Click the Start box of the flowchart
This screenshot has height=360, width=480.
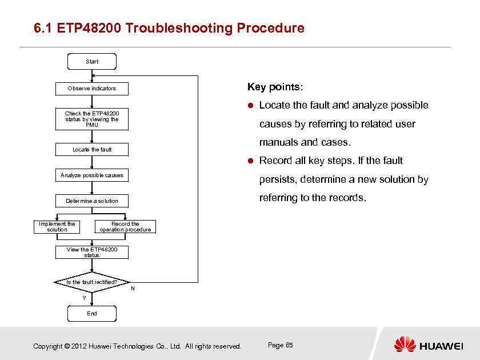[91, 61]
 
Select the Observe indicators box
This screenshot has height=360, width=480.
[91, 89]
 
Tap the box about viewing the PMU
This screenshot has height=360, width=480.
[91, 119]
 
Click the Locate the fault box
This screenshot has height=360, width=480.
[91, 150]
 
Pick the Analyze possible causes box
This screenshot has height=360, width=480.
[91, 175]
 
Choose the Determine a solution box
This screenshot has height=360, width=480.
[91, 201]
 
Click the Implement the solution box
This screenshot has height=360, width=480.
[57, 227]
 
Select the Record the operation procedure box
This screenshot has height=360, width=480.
[125, 227]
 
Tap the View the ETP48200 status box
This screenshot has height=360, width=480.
[91, 252]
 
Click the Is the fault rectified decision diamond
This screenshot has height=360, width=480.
[91, 282]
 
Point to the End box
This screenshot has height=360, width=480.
[91, 313]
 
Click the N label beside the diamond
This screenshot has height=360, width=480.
[133, 289]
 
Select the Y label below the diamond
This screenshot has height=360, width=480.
[84, 298]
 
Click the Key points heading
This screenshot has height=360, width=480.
[275, 87]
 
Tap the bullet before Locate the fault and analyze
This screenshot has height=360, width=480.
[251, 106]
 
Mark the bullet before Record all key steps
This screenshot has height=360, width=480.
[251, 161]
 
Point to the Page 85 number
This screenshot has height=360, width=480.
[280, 345]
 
